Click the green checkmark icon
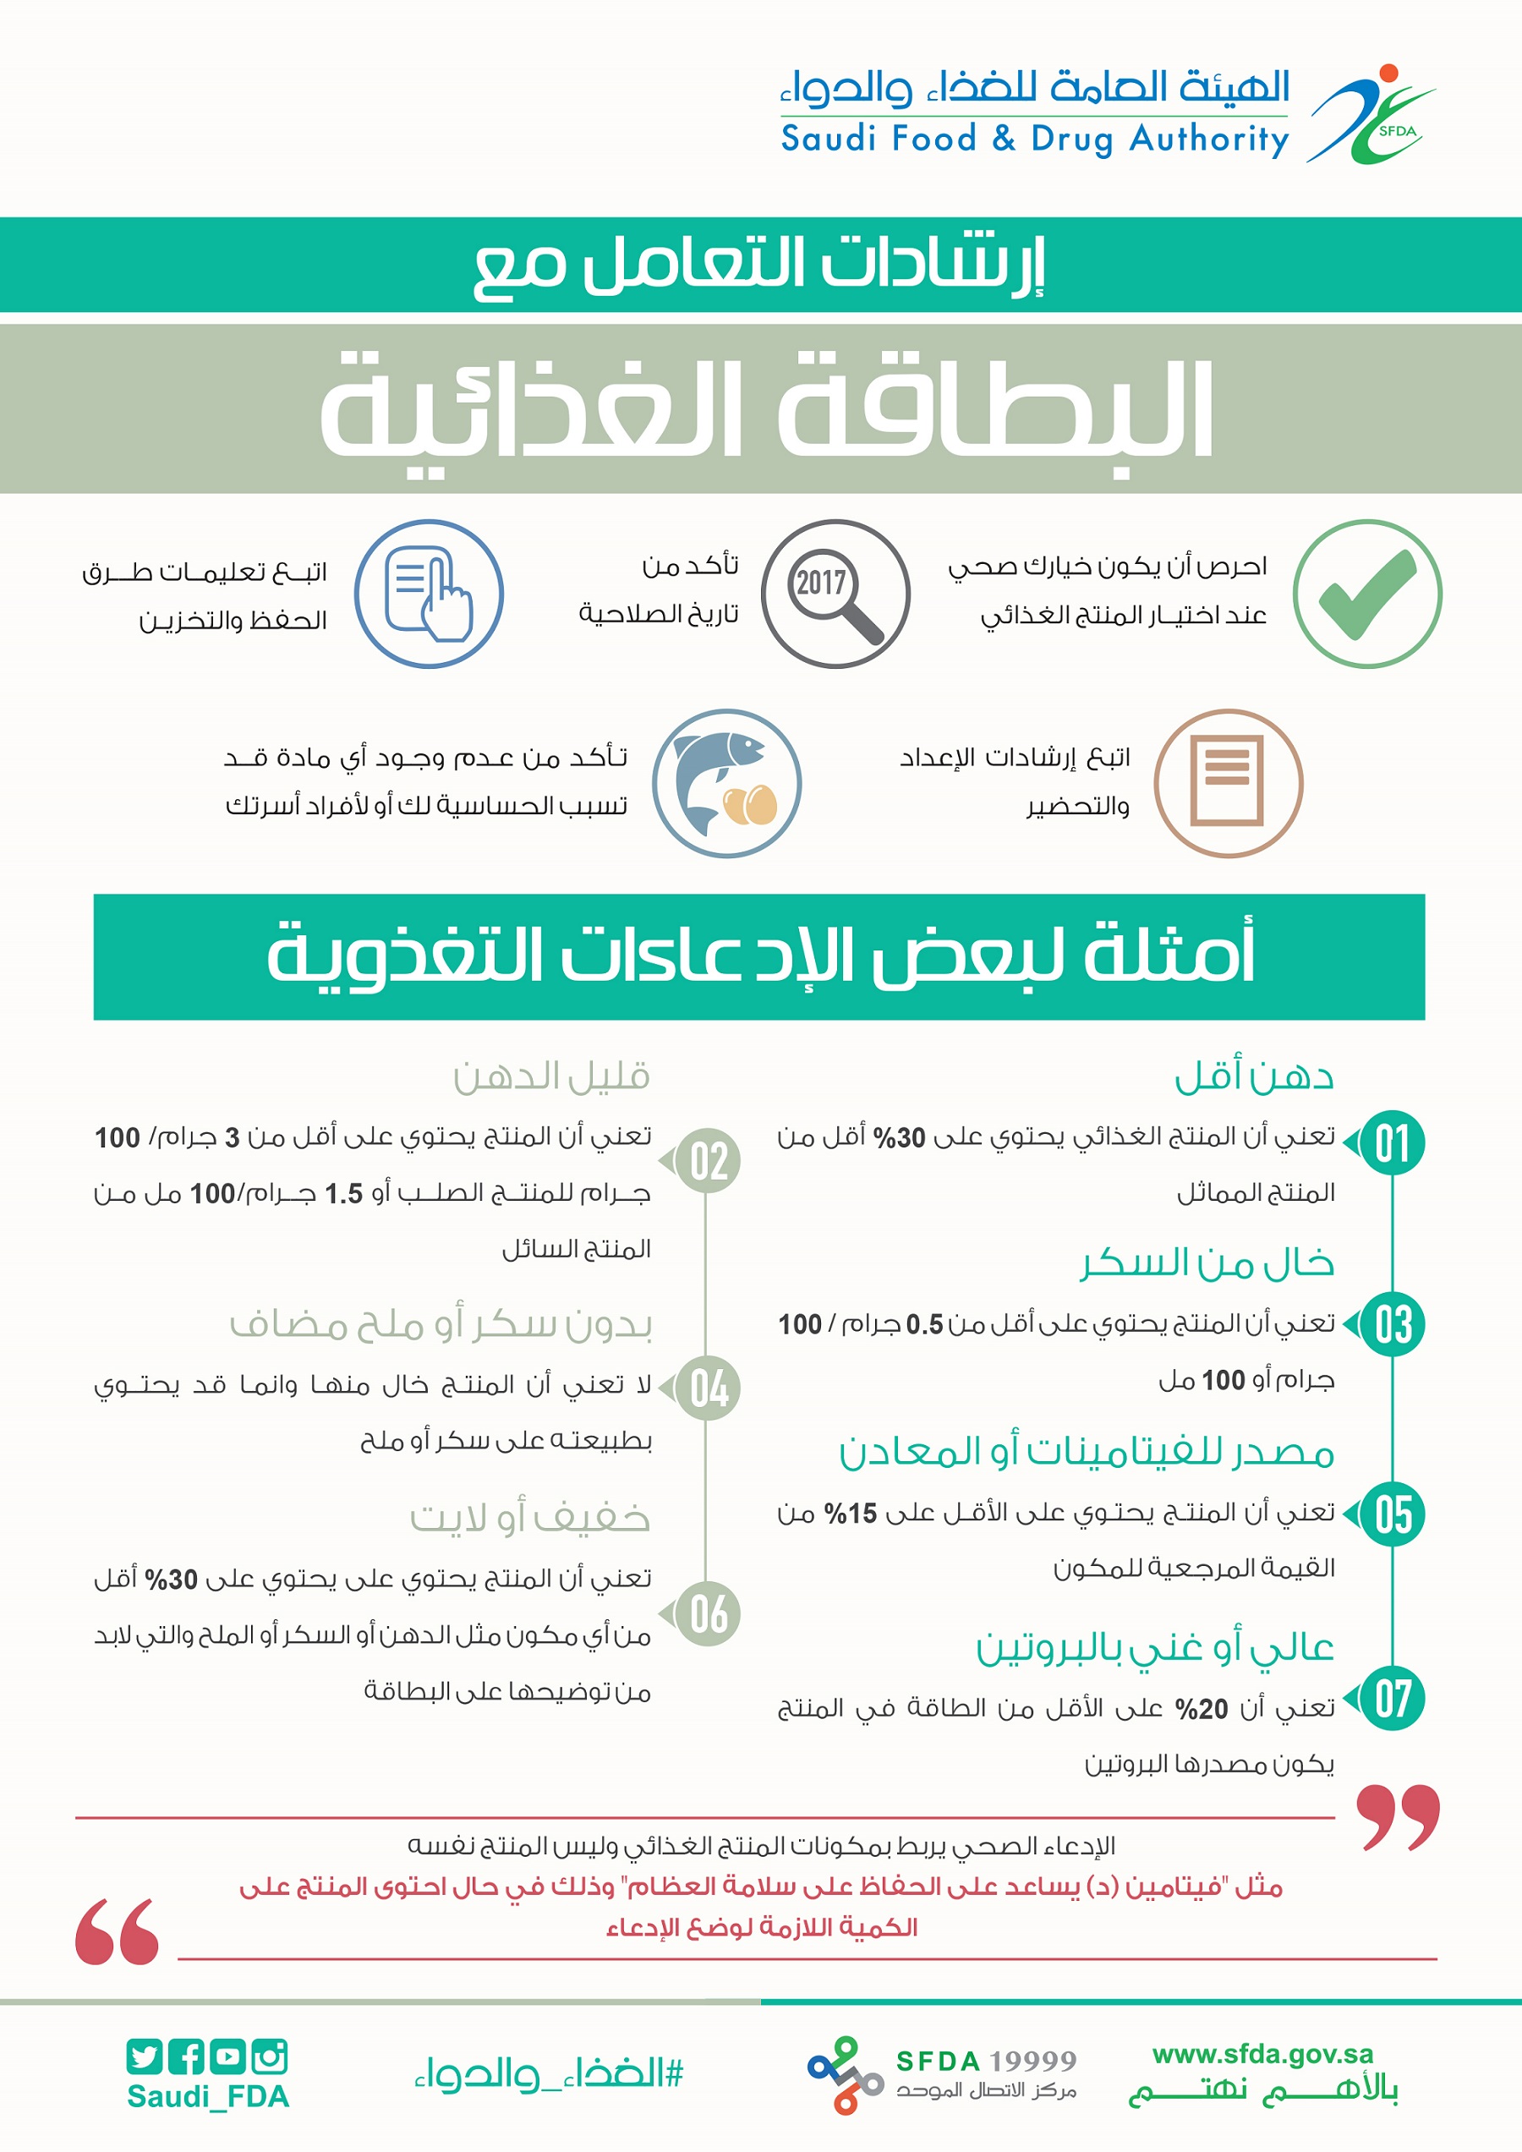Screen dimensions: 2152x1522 (x=1367, y=594)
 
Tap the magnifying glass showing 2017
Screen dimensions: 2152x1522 (x=835, y=594)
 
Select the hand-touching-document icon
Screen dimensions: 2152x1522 (x=430, y=594)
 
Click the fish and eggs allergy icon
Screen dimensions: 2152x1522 (x=727, y=784)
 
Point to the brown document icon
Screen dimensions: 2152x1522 (x=1228, y=784)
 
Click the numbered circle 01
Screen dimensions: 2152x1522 (x=1393, y=1143)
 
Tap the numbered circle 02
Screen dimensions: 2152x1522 (x=709, y=1161)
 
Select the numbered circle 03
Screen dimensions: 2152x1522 (x=1393, y=1324)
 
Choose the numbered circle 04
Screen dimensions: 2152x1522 (x=709, y=1388)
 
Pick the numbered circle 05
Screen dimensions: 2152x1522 (x=1393, y=1514)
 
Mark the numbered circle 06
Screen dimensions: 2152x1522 (x=709, y=1614)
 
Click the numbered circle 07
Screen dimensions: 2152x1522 (x=1393, y=1699)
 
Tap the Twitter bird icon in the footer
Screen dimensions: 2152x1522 (x=145, y=2056)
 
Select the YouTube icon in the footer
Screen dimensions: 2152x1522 (x=227, y=2056)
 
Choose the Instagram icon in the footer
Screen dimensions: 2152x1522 (x=270, y=2056)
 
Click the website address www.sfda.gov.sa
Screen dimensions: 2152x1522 (x=1262, y=2055)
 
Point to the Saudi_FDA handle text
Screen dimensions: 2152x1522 (x=208, y=2097)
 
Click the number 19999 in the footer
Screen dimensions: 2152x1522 (x=1032, y=2061)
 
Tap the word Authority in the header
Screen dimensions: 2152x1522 (x=1209, y=140)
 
